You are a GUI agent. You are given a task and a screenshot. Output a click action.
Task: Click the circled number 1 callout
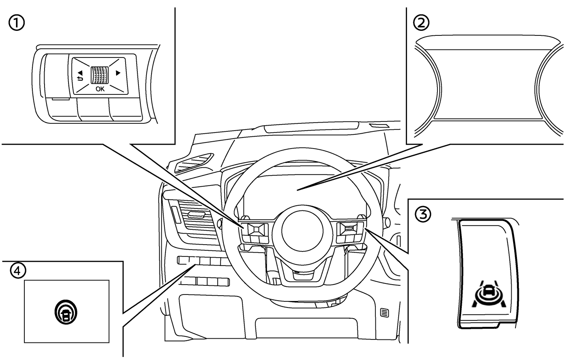pos(16,24)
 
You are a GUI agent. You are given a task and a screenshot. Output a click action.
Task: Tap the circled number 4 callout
pos(18,270)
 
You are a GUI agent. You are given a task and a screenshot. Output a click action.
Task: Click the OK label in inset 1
pos(100,89)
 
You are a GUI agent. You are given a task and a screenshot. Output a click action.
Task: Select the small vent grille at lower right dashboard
pos(384,313)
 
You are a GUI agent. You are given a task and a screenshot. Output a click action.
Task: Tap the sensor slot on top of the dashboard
pos(378,126)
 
